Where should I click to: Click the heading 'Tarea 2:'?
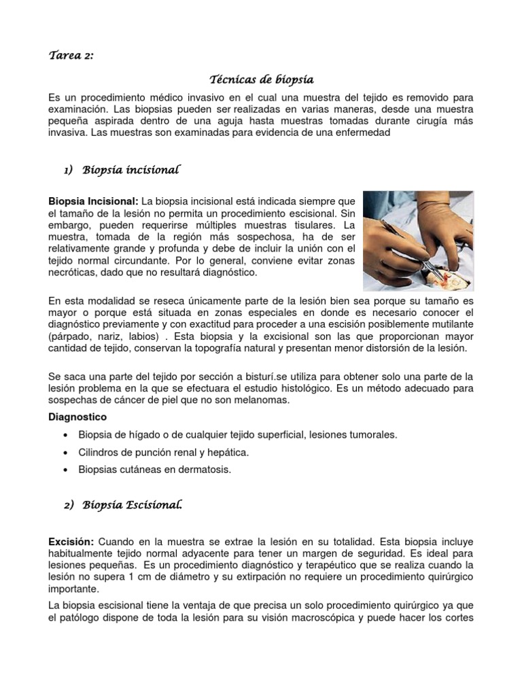(x=71, y=56)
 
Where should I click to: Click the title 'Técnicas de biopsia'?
(x=261, y=80)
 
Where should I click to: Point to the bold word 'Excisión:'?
(x=71, y=542)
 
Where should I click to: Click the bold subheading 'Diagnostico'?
(x=77, y=416)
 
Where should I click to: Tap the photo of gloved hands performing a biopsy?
(x=418, y=241)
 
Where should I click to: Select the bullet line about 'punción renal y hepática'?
(x=164, y=452)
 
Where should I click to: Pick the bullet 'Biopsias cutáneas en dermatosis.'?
(x=155, y=470)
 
